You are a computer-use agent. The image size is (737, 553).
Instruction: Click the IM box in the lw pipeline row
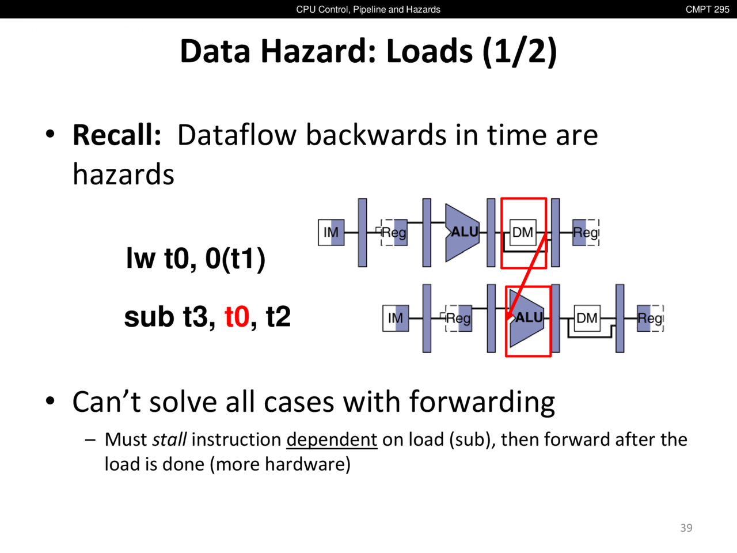pyautogui.click(x=331, y=232)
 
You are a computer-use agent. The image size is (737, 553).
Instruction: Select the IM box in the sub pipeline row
pyautogui.click(x=396, y=318)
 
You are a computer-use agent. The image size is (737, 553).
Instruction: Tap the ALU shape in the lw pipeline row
pyautogui.click(x=462, y=232)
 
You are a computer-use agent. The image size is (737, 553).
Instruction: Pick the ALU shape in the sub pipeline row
pyautogui.click(x=527, y=318)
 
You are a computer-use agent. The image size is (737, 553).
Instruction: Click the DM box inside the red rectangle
pyautogui.click(x=523, y=232)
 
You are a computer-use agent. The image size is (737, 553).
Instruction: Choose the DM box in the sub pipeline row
pyautogui.click(x=587, y=318)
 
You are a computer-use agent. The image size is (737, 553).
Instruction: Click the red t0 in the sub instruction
pyautogui.click(x=237, y=317)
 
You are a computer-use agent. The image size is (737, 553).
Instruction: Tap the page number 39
pyautogui.click(x=686, y=528)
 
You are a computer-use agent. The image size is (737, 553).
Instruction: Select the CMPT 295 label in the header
pyautogui.click(x=707, y=9)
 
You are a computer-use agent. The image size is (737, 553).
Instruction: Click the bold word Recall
pyautogui.click(x=117, y=135)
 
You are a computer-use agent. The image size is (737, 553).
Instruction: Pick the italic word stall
pyautogui.click(x=169, y=440)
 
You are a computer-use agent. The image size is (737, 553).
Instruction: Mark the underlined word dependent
pyautogui.click(x=332, y=440)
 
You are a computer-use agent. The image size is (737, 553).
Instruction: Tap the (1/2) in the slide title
pyautogui.click(x=519, y=52)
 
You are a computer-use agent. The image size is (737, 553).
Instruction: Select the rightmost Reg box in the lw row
pyautogui.click(x=586, y=232)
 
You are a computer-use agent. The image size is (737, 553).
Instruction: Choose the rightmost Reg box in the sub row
pyautogui.click(x=650, y=318)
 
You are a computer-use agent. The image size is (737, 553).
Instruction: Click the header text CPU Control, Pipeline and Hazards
pyautogui.click(x=368, y=9)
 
